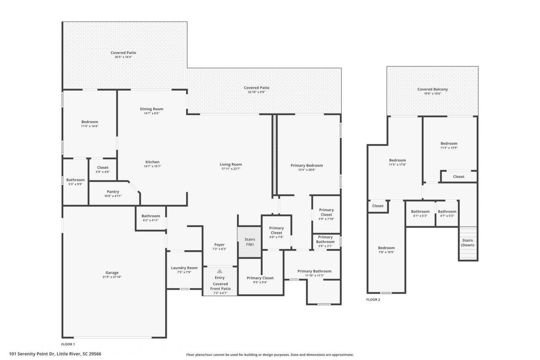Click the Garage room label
click(x=112, y=273)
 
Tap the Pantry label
click(x=113, y=192)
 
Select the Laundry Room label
click(x=184, y=268)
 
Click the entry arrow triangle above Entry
click(x=219, y=271)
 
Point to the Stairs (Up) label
click(x=250, y=242)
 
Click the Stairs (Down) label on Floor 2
click(x=467, y=243)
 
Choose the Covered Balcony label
click(x=432, y=89)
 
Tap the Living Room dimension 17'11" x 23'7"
click(x=231, y=169)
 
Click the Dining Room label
click(x=151, y=109)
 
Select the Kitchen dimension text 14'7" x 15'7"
click(x=152, y=166)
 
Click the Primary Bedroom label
click(x=307, y=165)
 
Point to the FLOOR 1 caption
click(x=68, y=344)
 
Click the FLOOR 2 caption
click(x=373, y=299)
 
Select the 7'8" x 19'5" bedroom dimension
click(x=386, y=252)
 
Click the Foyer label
click(x=219, y=245)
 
